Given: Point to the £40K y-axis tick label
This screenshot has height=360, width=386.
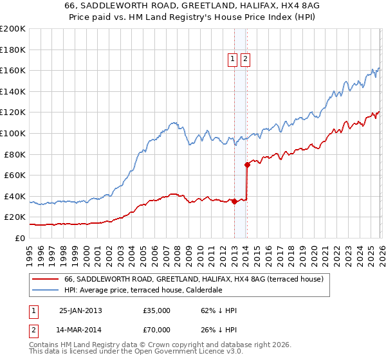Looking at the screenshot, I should click(15, 196).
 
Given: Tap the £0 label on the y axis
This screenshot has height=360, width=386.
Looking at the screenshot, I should click(21, 238).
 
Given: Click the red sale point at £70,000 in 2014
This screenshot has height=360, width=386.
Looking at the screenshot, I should click(247, 165).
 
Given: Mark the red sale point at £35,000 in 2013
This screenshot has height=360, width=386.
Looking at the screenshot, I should click(234, 201).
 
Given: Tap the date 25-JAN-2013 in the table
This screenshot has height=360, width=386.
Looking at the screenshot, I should click(80, 310).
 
